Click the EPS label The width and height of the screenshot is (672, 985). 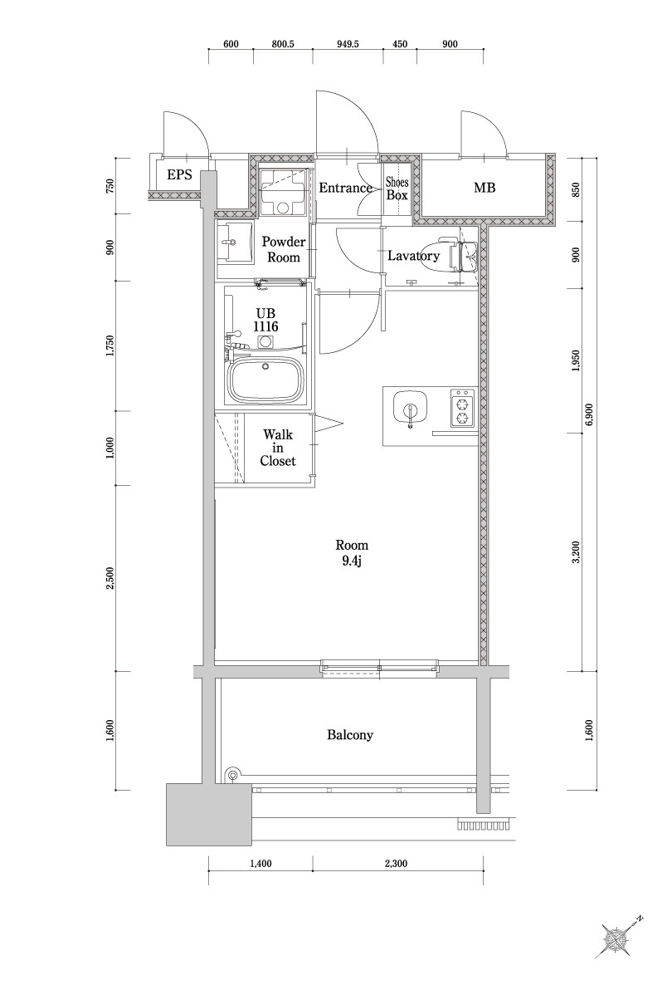179,174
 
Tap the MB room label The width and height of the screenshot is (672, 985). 485,189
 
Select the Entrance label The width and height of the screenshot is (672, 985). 345,188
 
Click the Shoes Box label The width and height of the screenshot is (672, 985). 397,189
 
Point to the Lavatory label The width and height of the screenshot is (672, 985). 413,256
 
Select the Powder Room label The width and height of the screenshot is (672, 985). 284,249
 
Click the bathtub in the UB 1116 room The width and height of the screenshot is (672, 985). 266,380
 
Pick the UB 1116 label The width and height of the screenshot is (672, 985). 266,320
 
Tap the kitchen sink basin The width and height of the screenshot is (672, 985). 410,409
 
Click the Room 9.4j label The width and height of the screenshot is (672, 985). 351,553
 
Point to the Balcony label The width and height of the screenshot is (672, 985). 350,735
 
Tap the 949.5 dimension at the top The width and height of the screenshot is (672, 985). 348,45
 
